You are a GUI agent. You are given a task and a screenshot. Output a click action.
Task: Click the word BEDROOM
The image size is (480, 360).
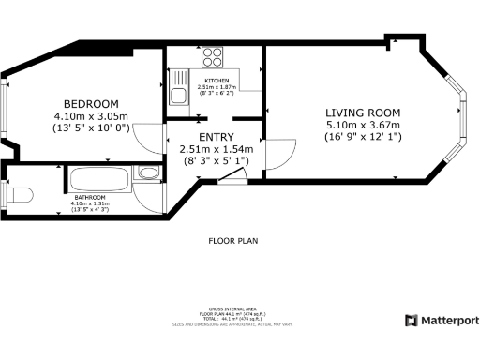pyautogui.click(x=91, y=103)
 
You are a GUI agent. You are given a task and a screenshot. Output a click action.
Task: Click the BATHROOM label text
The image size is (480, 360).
pyautogui.click(x=90, y=197)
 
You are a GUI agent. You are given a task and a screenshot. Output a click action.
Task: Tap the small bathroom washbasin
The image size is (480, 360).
pyautogui.click(x=147, y=172)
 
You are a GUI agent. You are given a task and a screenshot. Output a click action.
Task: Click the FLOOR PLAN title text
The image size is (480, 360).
pyautogui.click(x=232, y=241)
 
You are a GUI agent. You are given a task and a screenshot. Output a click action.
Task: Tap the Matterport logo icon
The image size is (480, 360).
pyautogui.click(x=410, y=321)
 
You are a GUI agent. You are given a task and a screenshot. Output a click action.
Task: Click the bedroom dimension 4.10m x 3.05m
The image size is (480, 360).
pyautogui.click(x=91, y=116)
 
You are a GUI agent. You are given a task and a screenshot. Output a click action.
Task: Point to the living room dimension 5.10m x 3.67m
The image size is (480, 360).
pyautogui.click(x=362, y=126)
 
